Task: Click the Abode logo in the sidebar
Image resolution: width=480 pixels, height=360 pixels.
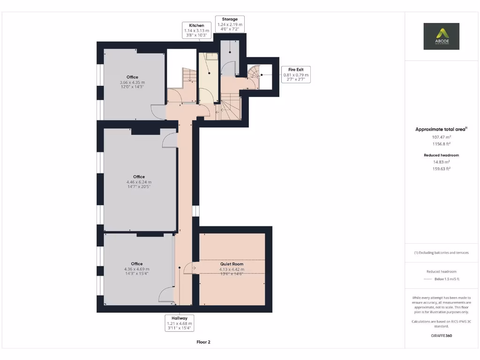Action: [x=441, y=36]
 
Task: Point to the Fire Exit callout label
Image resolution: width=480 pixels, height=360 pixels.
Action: [x=296, y=75]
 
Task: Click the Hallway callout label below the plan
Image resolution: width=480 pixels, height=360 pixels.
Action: [x=180, y=323]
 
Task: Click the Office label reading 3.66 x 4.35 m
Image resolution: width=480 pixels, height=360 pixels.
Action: [x=132, y=82]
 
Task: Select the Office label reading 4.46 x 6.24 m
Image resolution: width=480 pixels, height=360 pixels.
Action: [x=139, y=182]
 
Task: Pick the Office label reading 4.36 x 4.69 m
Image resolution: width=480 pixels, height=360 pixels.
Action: [x=136, y=269]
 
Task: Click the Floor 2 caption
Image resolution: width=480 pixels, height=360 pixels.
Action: [x=203, y=342]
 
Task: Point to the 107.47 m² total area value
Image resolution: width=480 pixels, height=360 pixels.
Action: [x=441, y=137]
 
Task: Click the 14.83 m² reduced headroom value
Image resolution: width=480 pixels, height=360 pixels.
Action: [x=441, y=162]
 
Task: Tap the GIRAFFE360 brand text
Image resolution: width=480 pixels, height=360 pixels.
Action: [x=441, y=336]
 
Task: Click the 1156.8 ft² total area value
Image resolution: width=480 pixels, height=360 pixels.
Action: [x=441, y=144]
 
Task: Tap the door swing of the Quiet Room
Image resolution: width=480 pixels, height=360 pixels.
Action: [x=189, y=268]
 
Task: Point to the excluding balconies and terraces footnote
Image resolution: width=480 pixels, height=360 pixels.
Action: [x=441, y=253]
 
